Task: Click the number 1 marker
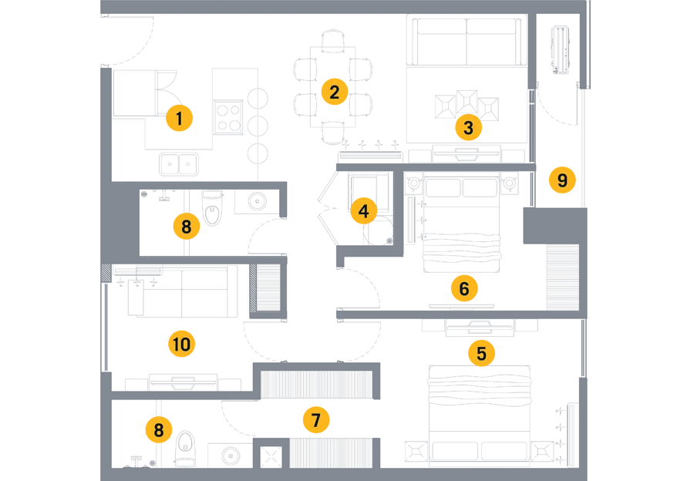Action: click(x=180, y=119)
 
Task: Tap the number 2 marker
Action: click(x=334, y=92)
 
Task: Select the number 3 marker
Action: click(x=467, y=129)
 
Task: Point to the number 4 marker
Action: click(x=363, y=210)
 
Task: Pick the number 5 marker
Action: click(x=481, y=354)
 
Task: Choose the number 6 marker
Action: click(x=463, y=289)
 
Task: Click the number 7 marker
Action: click(x=315, y=421)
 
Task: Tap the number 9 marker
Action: click(x=562, y=180)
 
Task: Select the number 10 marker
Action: click(x=181, y=345)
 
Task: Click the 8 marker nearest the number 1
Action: click(x=186, y=227)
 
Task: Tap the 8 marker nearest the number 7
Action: click(x=158, y=430)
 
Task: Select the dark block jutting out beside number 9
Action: click(x=640, y=148)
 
